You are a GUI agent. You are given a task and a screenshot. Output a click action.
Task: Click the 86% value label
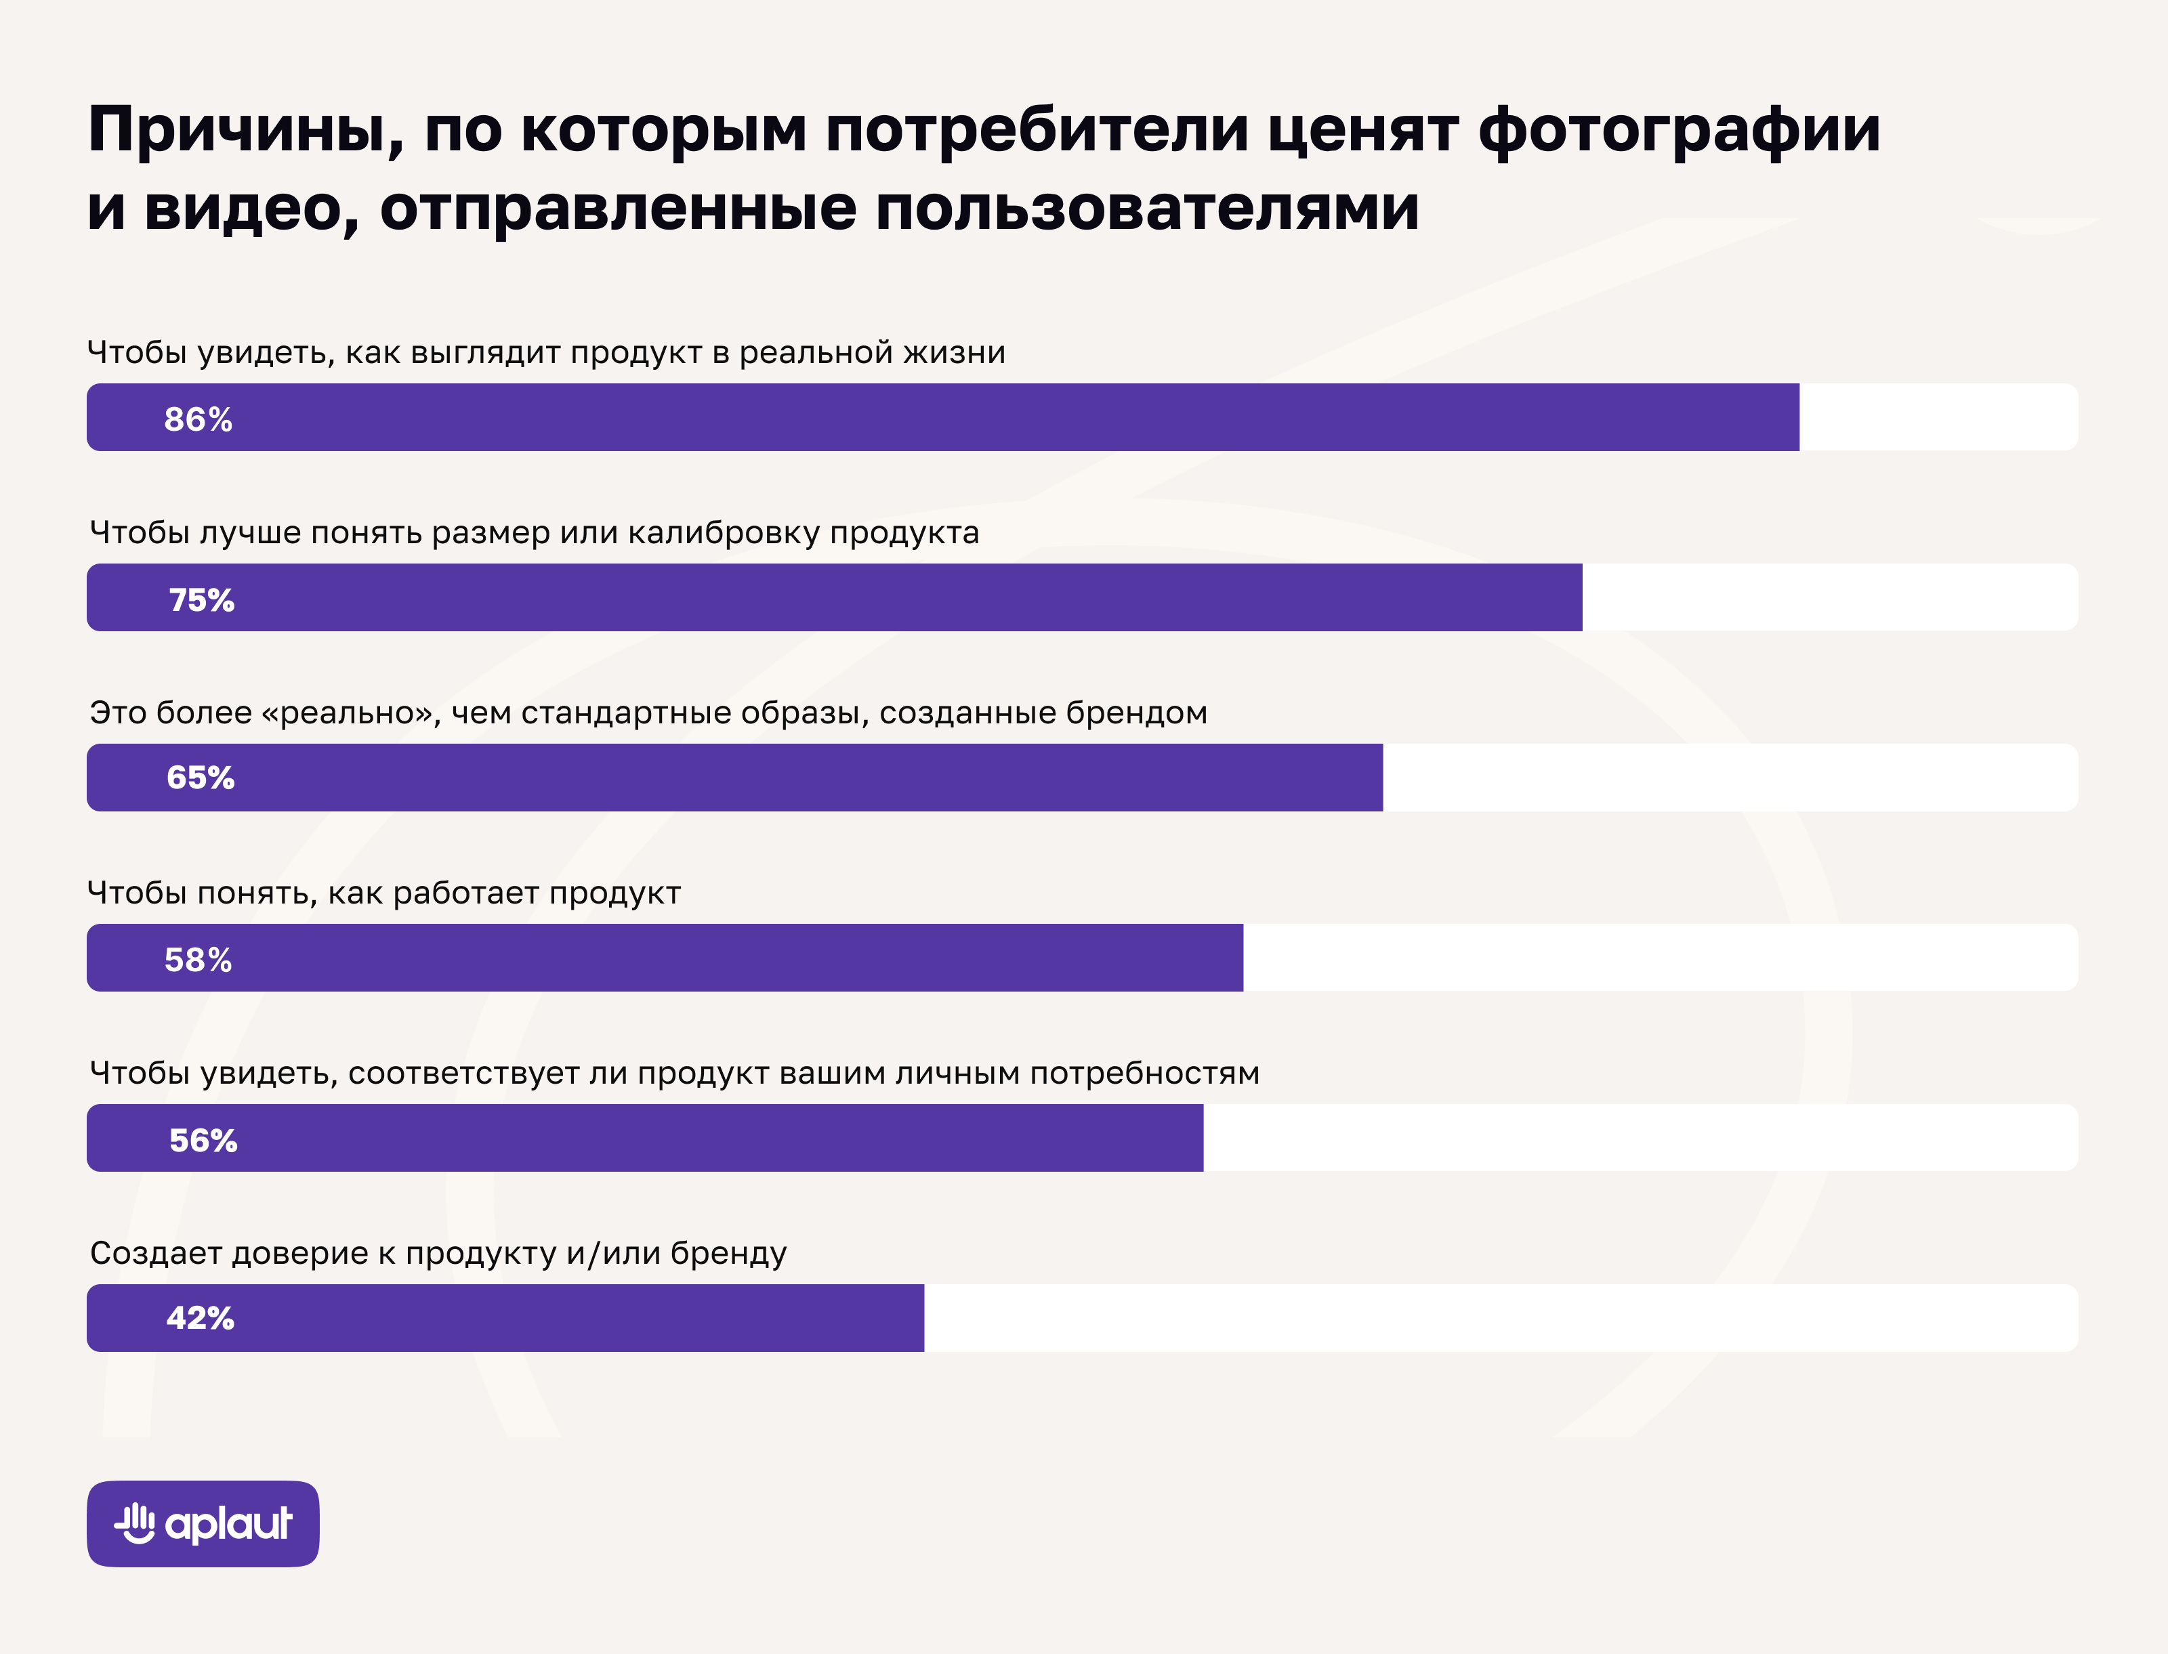198,419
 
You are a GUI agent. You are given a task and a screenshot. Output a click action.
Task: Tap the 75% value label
202,599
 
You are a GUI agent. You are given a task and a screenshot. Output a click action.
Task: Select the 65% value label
200,778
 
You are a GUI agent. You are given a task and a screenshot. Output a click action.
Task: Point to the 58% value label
198,960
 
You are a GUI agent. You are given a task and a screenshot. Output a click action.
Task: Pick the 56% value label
203,1140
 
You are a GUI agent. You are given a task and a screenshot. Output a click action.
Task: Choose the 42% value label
200,1318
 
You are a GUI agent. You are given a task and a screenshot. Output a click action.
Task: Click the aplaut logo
203,1524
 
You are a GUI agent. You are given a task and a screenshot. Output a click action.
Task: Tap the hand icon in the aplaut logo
135,1523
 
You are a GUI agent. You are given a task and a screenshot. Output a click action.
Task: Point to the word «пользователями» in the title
1147,209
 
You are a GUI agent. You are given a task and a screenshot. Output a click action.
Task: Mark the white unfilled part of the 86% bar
1938,417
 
